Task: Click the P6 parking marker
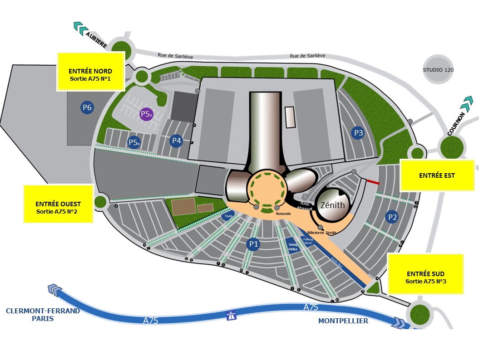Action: pyautogui.click(x=87, y=108)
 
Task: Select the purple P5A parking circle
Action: pyautogui.click(x=146, y=114)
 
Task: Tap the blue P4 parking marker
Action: pyautogui.click(x=176, y=141)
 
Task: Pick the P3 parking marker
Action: pyautogui.click(x=358, y=133)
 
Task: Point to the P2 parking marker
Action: pyautogui.click(x=392, y=217)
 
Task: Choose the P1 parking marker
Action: pyautogui.click(x=253, y=244)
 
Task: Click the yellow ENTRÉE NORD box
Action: pyautogui.click(x=91, y=71)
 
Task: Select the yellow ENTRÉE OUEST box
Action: pyautogui.click(x=58, y=204)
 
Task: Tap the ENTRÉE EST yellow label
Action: pyautogui.click(x=437, y=175)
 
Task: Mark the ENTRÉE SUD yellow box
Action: pyautogui.click(x=425, y=274)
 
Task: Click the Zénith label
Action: pyautogui.click(x=332, y=205)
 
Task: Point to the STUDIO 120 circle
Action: pyautogui.click(x=438, y=70)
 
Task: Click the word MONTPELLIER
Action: pyautogui.click(x=343, y=321)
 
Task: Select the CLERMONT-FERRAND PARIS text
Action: pyautogui.click(x=43, y=315)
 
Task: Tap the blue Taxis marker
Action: pyautogui.click(x=228, y=217)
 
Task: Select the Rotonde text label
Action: pyautogui.click(x=283, y=213)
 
